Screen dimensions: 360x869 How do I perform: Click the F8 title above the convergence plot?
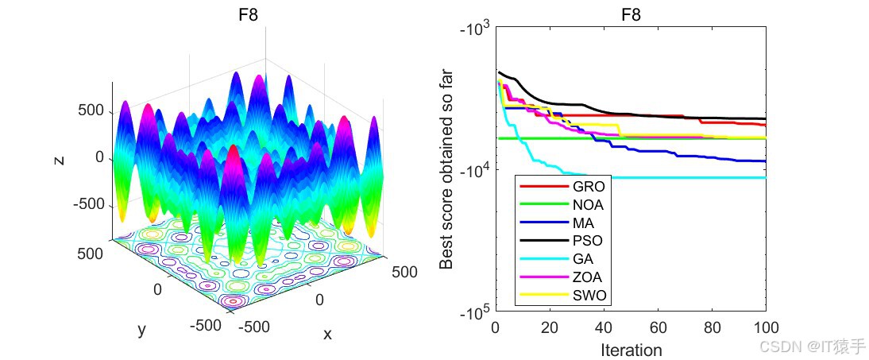(x=631, y=14)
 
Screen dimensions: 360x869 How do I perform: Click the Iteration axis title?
(x=631, y=350)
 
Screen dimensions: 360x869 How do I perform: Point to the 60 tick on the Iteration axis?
(x=658, y=327)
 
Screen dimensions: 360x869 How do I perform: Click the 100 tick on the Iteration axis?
(x=765, y=327)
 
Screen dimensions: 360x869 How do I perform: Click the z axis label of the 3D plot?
(x=58, y=159)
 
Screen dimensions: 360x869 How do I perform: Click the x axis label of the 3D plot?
(x=327, y=335)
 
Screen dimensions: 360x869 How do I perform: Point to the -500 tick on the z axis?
(x=88, y=204)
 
